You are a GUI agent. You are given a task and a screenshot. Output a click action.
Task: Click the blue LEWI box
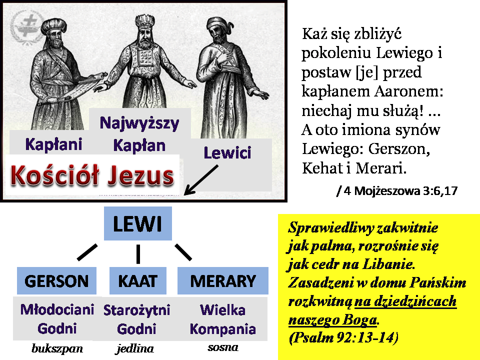click(138, 223)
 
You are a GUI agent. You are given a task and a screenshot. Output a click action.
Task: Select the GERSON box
click(56, 280)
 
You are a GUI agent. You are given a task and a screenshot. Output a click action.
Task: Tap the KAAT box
click(138, 280)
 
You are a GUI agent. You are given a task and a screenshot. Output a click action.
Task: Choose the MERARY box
click(223, 280)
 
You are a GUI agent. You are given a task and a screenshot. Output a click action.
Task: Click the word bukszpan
click(57, 348)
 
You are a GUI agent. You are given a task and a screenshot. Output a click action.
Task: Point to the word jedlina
click(134, 348)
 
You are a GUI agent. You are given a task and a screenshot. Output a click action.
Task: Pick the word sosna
click(223, 347)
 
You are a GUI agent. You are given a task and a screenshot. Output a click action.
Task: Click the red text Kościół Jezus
click(92, 175)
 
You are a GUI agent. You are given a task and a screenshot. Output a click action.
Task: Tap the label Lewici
click(227, 153)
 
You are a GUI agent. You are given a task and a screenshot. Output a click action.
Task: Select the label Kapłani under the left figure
click(53, 144)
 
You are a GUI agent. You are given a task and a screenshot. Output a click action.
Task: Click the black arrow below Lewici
click(201, 180)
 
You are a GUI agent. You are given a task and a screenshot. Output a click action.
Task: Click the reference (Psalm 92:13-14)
click(343, 337)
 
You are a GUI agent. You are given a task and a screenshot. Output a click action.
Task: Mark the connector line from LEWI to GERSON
click(87, 252)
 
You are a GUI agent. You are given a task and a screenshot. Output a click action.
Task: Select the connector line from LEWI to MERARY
click(183, 252)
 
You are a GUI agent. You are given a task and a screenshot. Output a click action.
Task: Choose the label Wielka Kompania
click(223, 319)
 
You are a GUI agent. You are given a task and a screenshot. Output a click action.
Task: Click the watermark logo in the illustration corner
click(27, 27)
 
